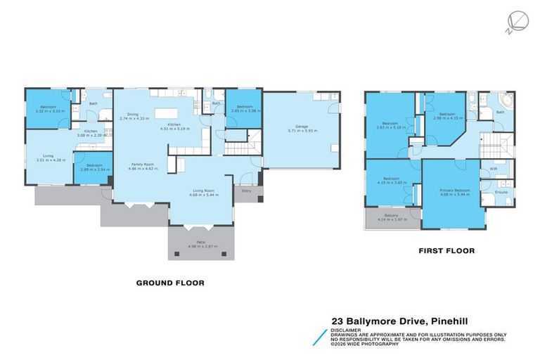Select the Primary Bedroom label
455,191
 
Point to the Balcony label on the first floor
392,214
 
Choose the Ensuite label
502,191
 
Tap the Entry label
246,191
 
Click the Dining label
132,115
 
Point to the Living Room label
204,191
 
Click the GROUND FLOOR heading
169,283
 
